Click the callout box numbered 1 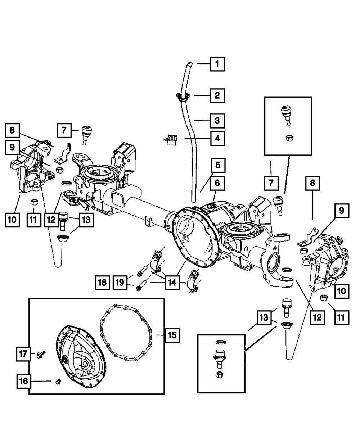coord(217,64)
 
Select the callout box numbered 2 coord(217,96)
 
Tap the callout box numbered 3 coord(217,121)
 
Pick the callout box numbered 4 coord(218,138)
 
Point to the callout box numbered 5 coord(218,165)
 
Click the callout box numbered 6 coord(217,183)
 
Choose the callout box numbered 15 coord(172,335)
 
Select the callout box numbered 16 coord(23,381)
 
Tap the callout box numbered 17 coord(23,354)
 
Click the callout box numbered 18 coord(102,283)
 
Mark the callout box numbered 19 coord(120,283)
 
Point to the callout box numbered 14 coord(172,283)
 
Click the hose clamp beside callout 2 coord(183,97)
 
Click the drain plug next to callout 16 coord(58,382)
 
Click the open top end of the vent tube coord(190,63)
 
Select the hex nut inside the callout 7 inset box coord(289,138)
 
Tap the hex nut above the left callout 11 coord(34,202)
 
